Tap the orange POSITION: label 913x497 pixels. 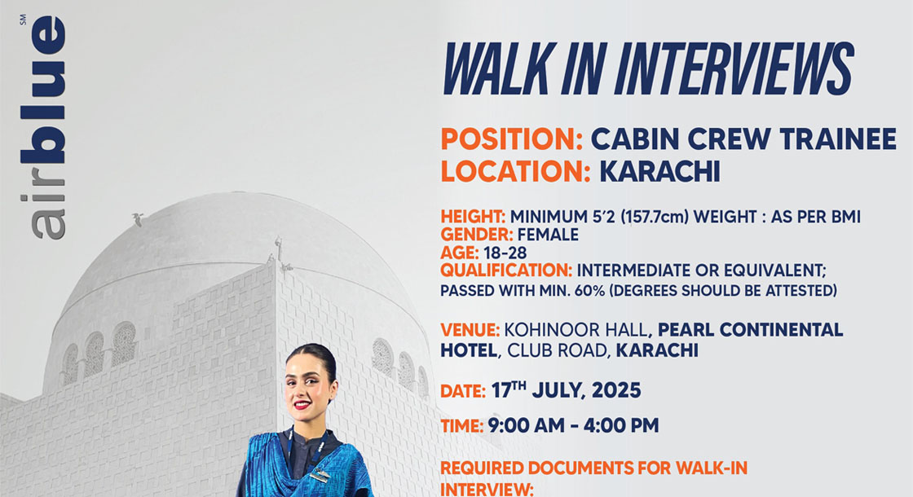tap(511, 139)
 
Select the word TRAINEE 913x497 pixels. tap(838, 139)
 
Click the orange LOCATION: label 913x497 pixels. tap(515, 172)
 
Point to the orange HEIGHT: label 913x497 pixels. tap(473, 217)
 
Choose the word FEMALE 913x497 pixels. tap(548, 235)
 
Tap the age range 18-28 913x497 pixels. tap(505, 253)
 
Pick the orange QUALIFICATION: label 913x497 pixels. tap(506, 270)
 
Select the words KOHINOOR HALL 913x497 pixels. tap(576, 331)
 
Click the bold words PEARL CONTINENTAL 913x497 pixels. tap(751, 330)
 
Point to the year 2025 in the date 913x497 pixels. tap(616, 390)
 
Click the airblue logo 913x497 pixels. tap(42, 127)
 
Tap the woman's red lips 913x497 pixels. tap(302, 404)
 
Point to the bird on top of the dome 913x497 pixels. tap(138, 219)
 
